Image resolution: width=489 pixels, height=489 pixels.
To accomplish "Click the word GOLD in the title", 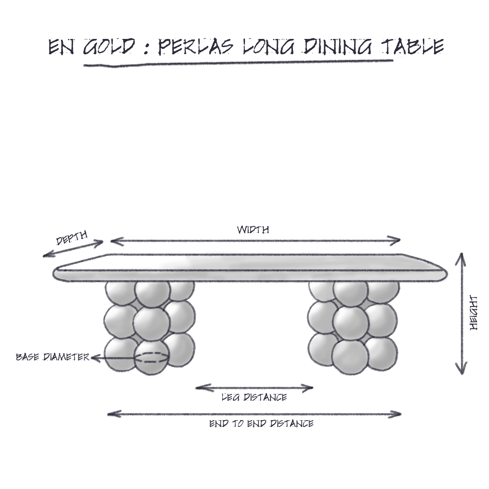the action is pos(109,47).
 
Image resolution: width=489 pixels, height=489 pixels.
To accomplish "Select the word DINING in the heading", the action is pos(336,47).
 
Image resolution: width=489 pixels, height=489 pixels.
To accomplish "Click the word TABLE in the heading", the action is pos(412,47).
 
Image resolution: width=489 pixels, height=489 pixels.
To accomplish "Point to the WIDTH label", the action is pos(253,230).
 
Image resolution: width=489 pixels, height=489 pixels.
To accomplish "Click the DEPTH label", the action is pos(72,238).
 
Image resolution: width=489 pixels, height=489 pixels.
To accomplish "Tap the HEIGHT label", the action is pos(474,313).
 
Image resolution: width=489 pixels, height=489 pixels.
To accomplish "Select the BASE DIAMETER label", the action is pos(53,357).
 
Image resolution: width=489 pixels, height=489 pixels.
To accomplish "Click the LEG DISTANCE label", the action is pos(254,398).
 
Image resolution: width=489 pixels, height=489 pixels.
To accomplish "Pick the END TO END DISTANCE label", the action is pos(261,423).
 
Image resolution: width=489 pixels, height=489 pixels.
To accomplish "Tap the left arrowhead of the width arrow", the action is pos(115,241).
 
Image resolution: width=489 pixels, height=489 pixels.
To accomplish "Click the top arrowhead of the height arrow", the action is pos(461,258).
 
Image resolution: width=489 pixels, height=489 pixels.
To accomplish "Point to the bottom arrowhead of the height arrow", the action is pos(462,369).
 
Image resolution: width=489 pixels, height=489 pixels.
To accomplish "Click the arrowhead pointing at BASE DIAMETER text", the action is pos(95,358).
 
